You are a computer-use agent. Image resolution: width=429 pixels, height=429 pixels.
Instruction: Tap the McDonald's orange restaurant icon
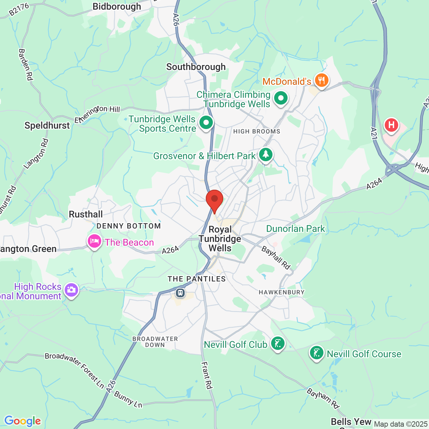coord(321,80)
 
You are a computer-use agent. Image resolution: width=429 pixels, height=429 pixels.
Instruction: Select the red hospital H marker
coord(391,125)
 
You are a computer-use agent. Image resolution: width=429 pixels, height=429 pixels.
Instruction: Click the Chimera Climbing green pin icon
coord(281,99)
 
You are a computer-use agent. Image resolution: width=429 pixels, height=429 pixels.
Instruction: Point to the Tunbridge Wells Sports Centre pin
coord(206,123)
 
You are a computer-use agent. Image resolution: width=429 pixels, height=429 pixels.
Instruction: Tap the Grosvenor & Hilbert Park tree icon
coord(265,155)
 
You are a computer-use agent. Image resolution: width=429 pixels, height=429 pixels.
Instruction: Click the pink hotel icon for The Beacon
coord(95,241)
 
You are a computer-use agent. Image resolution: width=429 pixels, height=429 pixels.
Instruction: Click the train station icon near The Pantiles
coord(180,293)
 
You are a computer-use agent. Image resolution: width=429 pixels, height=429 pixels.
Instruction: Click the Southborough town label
coord(196,67)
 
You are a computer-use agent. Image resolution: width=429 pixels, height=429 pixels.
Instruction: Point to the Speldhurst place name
coord(47,125)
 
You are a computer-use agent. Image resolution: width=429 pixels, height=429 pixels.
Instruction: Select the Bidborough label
coord(117,6)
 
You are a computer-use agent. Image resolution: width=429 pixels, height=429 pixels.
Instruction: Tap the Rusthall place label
coord(86,214)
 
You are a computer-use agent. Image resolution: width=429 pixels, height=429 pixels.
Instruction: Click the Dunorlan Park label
coord(295,229)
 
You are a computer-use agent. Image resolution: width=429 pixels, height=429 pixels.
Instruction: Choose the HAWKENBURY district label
coord(282,292)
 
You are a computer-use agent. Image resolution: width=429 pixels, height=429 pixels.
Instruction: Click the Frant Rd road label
coord(207,375)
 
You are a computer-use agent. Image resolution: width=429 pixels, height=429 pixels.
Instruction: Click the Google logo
coord(22,421)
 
